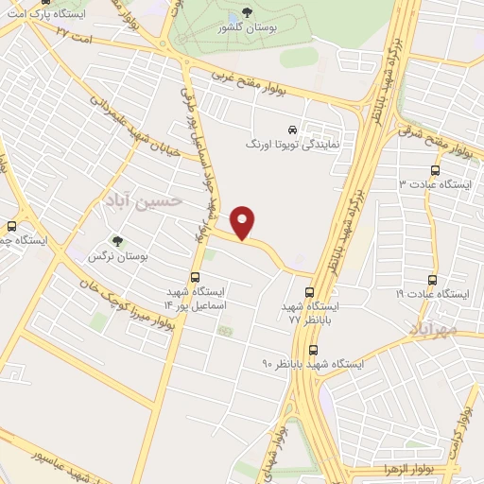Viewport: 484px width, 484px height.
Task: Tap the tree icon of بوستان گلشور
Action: point(248,12)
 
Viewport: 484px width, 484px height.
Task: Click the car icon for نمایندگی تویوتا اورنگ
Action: point(292,130)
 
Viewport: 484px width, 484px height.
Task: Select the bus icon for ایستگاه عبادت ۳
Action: point(435,170)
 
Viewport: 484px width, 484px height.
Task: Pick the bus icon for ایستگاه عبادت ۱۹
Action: point(433,281)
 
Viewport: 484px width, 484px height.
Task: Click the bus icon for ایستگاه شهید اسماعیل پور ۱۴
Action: point(195,278)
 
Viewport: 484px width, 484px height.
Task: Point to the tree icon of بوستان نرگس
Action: point(117,242)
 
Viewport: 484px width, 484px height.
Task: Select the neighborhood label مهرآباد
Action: point(434,327)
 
